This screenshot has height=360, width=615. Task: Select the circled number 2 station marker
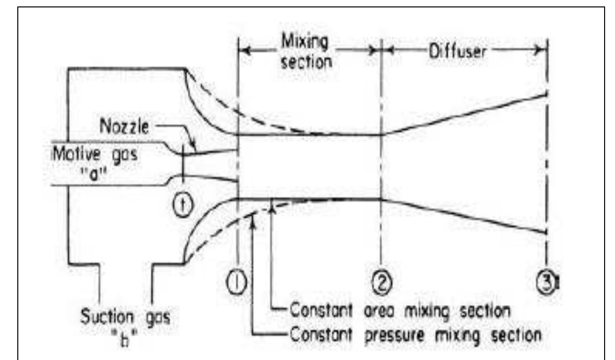tap(381, 283)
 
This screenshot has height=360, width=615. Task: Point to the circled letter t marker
tap(183, 202)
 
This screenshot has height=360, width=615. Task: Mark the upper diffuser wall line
tap(465, 113)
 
